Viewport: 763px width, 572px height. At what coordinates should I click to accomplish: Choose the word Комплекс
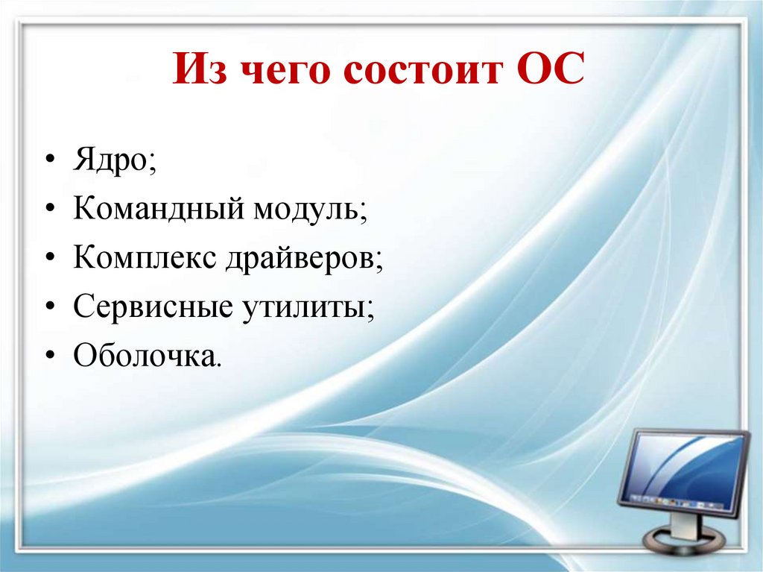pos(141,258)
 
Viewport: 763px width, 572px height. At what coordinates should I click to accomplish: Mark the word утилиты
pos(302,307)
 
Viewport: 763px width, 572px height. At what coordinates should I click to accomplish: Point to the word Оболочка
pos(145,355)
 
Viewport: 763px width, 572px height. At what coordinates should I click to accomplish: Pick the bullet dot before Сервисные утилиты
pos(49,307)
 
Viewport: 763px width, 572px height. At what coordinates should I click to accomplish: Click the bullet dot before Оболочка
pos(49,355)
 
